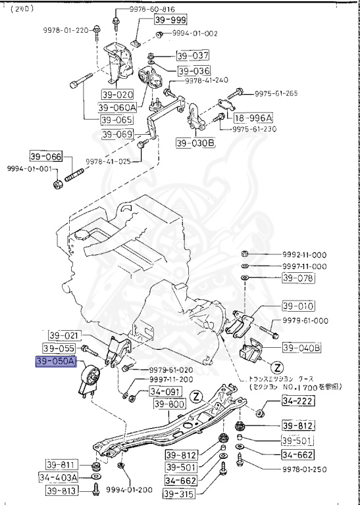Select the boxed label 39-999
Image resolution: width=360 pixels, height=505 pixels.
(x=171, y=20)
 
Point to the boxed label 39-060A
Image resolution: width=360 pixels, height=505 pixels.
(x=117, y=107)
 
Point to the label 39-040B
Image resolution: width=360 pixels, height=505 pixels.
(x=301, y=347)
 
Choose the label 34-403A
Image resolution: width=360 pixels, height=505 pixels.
(x=58, y=477)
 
